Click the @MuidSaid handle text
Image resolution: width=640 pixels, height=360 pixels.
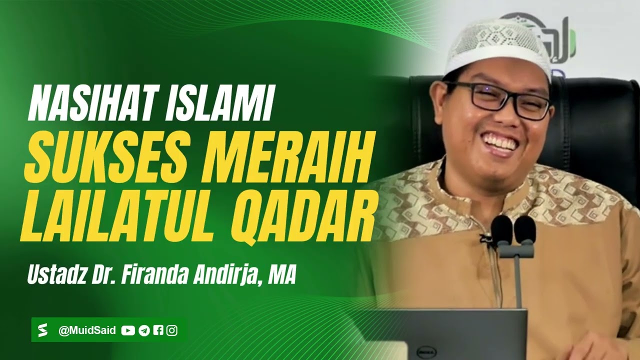pyautogui.click(x=87, y=330)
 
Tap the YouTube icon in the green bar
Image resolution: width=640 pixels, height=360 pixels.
pyautogui.click(x=128, y=330)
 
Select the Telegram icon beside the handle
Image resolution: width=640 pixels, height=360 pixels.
pyautogui.click(x=144, y=330)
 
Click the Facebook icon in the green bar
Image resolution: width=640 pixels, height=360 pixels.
pyautogui.click(x=158, y=330)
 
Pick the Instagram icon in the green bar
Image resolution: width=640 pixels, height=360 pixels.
pyautogui.click(x=172, y=330)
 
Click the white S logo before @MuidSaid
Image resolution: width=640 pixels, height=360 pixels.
pyautogui.click(x=43, y=330)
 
